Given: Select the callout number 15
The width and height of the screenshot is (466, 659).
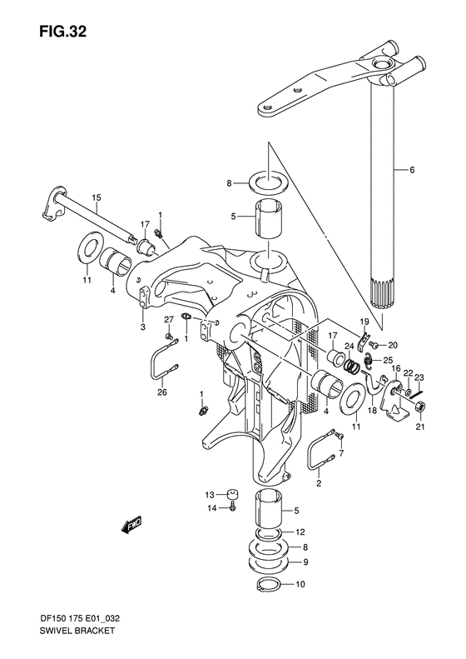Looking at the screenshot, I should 97,197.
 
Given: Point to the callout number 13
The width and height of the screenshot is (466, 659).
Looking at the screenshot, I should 211,493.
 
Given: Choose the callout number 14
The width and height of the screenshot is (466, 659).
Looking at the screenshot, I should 211,507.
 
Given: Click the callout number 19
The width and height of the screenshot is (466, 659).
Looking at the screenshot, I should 364,322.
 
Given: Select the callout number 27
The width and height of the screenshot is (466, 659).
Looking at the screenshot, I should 167,320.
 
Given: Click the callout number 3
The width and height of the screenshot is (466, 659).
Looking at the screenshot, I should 141,327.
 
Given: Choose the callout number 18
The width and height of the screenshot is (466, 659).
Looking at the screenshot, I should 373,411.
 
